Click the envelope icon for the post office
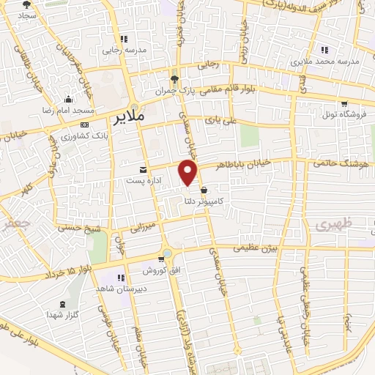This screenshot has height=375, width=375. [144, 169]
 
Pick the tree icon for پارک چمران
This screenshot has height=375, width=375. [173, 80]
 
